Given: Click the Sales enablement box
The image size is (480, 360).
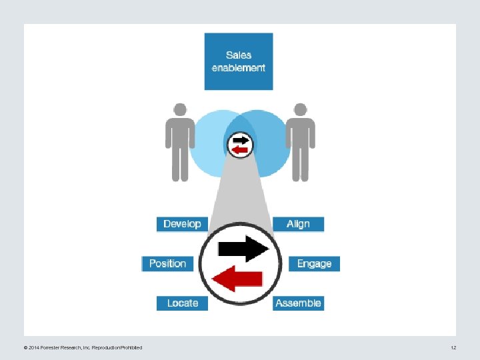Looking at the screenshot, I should (239, 61).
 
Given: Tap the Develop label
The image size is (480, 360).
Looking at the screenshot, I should (182, 224).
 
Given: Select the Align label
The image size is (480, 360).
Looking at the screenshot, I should (298, 224).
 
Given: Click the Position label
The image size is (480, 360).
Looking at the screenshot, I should (167, 263).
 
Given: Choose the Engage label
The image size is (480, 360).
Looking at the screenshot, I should (314, 263).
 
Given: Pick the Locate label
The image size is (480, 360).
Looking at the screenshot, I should (182, 303).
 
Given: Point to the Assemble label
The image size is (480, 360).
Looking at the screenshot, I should (298, 303).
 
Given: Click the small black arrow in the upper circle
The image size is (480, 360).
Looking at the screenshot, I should (241, 140).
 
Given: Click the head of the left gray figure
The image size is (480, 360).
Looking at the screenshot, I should (180, 110).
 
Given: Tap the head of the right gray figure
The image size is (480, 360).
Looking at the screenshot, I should (300, 110).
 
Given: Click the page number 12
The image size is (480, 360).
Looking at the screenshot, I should (453, 347).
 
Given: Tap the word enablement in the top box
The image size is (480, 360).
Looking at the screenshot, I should (239, 68).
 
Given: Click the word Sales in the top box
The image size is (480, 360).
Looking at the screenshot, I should (239, 55).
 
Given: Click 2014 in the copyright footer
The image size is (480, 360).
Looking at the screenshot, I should (33, 347).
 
